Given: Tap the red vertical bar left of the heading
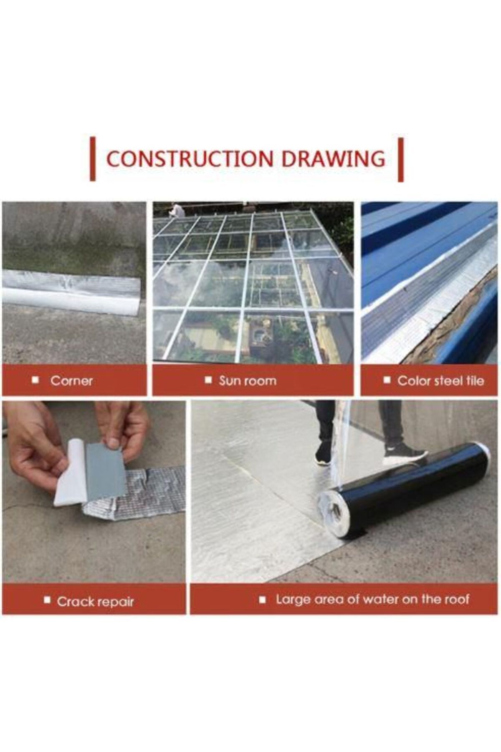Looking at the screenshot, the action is [x=93, y=159].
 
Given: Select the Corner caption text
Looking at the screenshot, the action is [x=71, y=381].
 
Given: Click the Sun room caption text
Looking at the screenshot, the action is [x=248, y=381].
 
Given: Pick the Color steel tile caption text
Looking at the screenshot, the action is [x=440, y=381].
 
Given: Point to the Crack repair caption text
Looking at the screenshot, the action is [x=96, y=602].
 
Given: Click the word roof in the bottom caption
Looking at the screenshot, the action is [x=456, y=599].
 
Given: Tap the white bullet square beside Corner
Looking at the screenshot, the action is [x=36, y=380].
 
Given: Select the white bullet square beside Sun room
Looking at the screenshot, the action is [x=208, y=380].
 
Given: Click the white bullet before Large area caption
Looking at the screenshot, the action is [x=262, y=600].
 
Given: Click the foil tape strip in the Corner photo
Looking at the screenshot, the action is [x=71, y=292].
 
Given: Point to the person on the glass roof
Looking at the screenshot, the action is [x=177, y=210].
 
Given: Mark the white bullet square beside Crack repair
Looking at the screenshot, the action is [x=47, y=601].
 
